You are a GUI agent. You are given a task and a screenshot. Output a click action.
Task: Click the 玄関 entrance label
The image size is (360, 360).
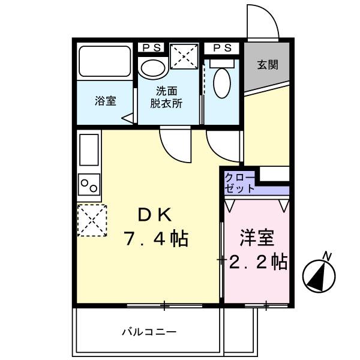(x=268, y=65)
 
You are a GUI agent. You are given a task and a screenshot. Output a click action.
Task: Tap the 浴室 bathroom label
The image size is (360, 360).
(x=105, y=101)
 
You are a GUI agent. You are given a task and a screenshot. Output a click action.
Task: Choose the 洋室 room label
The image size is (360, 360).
(x=258, y=238)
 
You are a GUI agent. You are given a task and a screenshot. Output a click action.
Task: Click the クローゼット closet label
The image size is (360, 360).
(x=239, y=182)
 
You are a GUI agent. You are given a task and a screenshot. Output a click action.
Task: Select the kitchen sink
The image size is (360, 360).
(x=88, y=151)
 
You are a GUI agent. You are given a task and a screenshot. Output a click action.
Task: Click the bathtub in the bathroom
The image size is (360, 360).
(x=104, y=61)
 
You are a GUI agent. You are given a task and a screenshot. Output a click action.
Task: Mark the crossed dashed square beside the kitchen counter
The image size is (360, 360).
(x=90, y=220)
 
